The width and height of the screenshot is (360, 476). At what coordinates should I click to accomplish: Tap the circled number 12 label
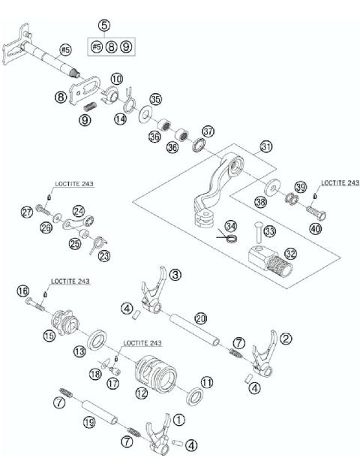click(x=141, y=391)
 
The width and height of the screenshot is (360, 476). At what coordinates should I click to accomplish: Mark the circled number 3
click(x=175, y=276)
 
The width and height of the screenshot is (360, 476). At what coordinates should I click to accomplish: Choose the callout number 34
click(x=230, y=225)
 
